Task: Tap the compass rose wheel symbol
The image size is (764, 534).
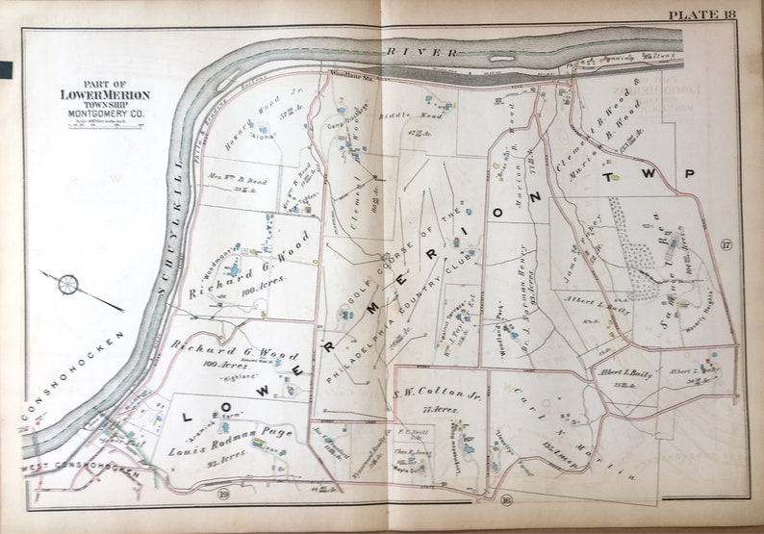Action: [67, 284]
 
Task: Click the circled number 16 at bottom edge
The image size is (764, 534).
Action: [505, 498]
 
